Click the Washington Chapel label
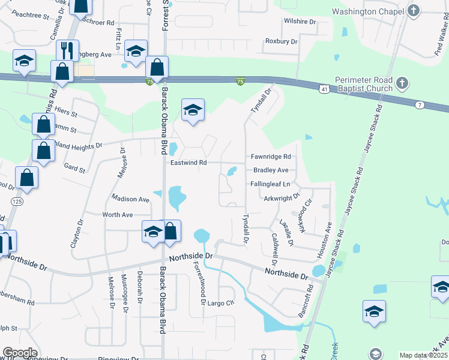366,11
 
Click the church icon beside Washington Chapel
413,10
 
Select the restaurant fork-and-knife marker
67,50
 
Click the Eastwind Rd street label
188,163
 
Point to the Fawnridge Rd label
271,157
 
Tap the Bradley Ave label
271,170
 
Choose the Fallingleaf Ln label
271,184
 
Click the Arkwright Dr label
281,197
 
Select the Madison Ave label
130,199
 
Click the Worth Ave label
118,214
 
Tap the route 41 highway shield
324,89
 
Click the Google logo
20,353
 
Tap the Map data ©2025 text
422,355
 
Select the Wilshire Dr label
300,22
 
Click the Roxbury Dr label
281,41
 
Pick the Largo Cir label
220,302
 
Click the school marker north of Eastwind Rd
193,111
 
